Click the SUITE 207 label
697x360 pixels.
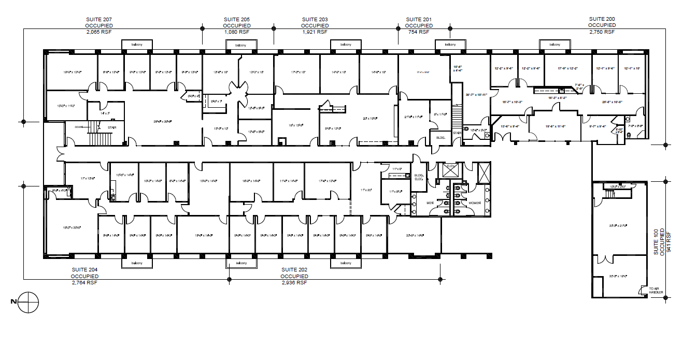tap(99, 19)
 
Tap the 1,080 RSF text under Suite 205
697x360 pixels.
tap(236, 32)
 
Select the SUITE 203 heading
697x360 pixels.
tap(315, 19)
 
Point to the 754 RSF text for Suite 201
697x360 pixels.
tap(418, 32)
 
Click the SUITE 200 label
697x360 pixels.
tap(602, 19)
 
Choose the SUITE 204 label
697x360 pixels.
tap(84, 270)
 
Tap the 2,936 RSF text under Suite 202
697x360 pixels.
tap(294, 283)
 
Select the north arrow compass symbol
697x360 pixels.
tap(30, 302)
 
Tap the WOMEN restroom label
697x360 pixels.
tap(474, 203)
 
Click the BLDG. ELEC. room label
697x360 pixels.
tap(419, 178)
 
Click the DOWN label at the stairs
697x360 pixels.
tap(79, 126)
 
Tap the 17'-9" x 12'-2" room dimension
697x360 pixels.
tap(567, 68)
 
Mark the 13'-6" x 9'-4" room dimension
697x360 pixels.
tap(510, 126)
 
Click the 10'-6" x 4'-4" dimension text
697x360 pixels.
tap(458, 68)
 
